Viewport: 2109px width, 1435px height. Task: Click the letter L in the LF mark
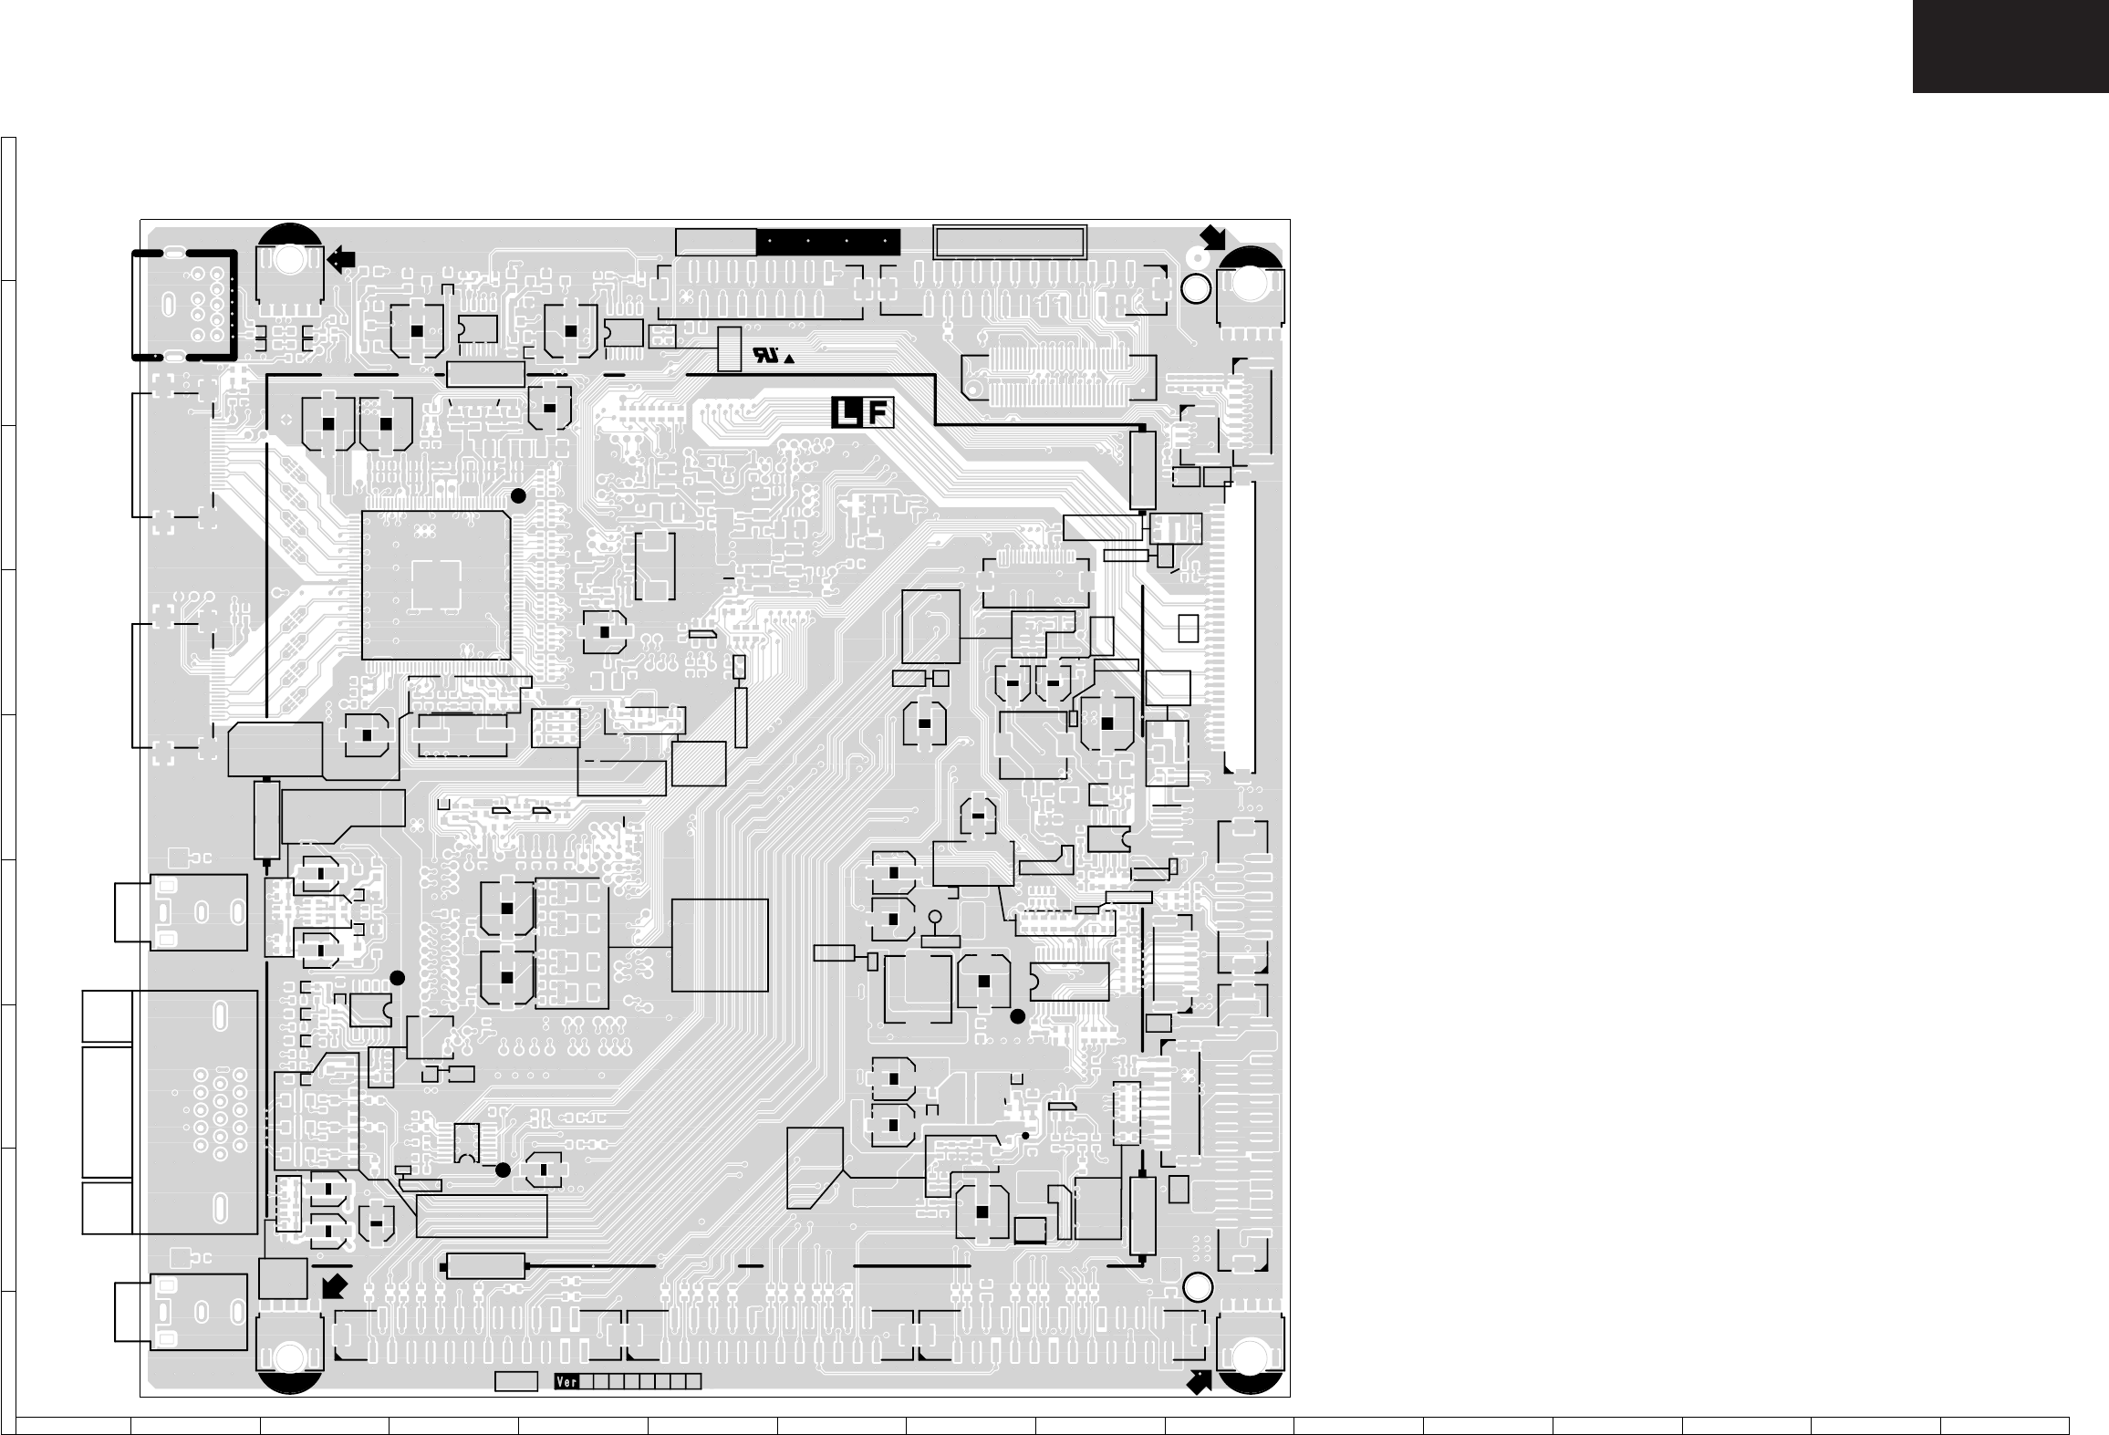[847, 414]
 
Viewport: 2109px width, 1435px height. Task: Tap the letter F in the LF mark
[877, 414]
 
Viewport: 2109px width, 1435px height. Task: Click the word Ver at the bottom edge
[567, 1407]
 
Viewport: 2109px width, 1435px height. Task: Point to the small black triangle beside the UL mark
[788, 359]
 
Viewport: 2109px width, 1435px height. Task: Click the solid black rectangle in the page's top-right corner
[2010, 46]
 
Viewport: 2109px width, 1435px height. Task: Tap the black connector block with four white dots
[827, 242]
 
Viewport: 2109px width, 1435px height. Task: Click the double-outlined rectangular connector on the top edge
[1010, 242]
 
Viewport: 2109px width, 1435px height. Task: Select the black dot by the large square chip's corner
[518, 495]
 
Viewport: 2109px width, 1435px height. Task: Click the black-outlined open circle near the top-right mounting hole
[1197, 288]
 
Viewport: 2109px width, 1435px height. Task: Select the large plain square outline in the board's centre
[720, 945]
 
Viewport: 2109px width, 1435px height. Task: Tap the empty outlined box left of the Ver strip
[515, 1407]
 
